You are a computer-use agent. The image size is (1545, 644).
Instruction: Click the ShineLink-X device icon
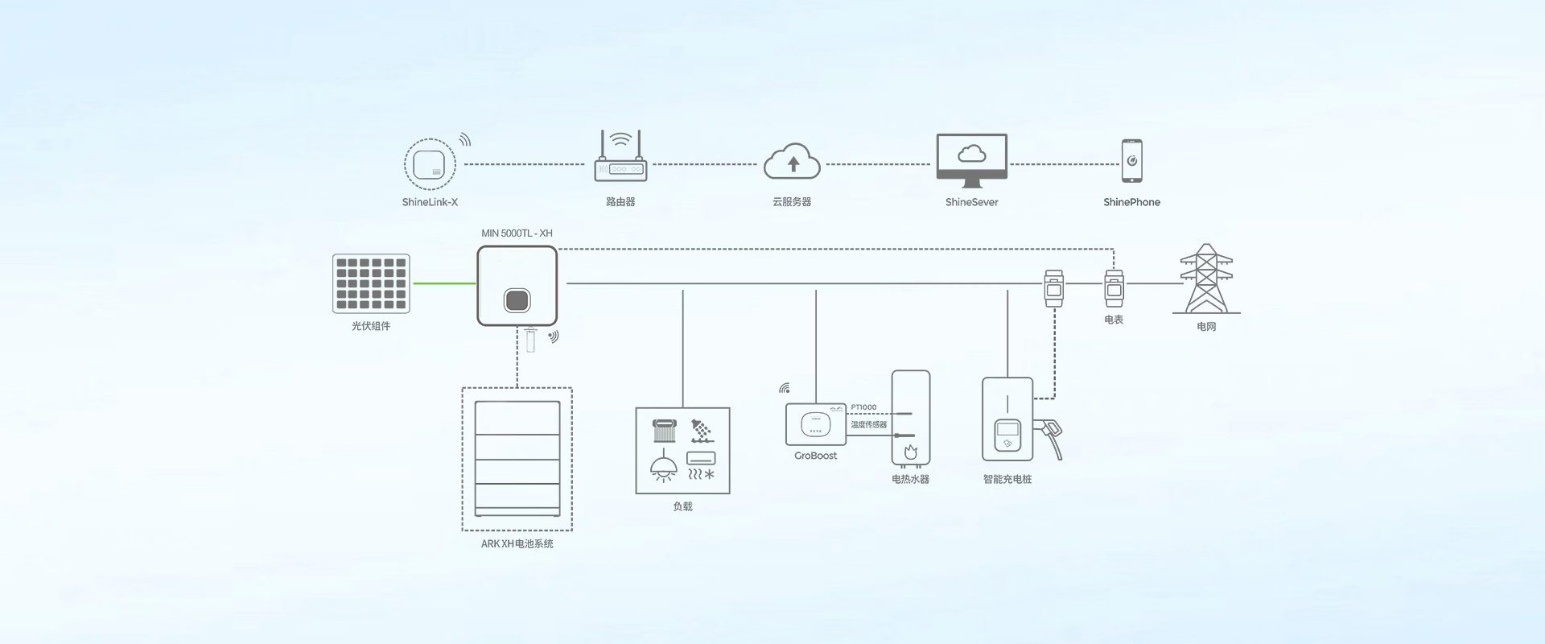(430, 164)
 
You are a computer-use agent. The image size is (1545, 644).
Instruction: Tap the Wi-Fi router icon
(620, 164)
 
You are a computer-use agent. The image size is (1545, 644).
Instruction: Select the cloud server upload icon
(793, 163)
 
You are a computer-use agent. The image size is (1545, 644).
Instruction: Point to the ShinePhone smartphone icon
(1131, 160)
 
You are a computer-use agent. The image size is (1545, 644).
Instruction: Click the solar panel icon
(371, 283)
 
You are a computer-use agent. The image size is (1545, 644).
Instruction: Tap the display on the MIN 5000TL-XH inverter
(517, 300)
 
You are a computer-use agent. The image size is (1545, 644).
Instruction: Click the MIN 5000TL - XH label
(517, 233)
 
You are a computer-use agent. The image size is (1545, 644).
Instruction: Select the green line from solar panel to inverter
(444, 283)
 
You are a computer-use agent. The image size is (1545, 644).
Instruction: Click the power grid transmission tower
(1205, 279)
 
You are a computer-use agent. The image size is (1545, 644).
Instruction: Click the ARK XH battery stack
(517, 459)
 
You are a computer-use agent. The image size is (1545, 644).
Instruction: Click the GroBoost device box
(815, 424)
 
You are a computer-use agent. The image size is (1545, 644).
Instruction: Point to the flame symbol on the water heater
(910, 452)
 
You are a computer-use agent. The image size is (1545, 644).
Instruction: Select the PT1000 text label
(863, 407)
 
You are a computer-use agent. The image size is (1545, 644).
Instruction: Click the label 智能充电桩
(1007, 479)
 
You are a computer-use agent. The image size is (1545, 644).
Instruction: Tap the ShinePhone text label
(1131, 202)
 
